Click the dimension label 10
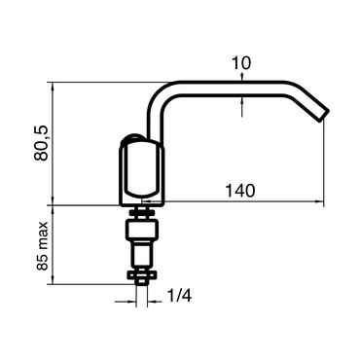click(x=241, y=63)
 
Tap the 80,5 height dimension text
click(x=41, y=143)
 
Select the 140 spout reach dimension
click(x=240, y=191)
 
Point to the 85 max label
click(x=42, y=246)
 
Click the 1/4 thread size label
click(x=179, y=296)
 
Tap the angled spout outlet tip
click(x=323, y=115)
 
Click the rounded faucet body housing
click(x=142, y=172)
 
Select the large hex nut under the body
click(x=142, y=230)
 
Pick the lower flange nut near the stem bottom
click(x=142, y=275)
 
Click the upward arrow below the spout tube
click(x=242, y=108)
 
